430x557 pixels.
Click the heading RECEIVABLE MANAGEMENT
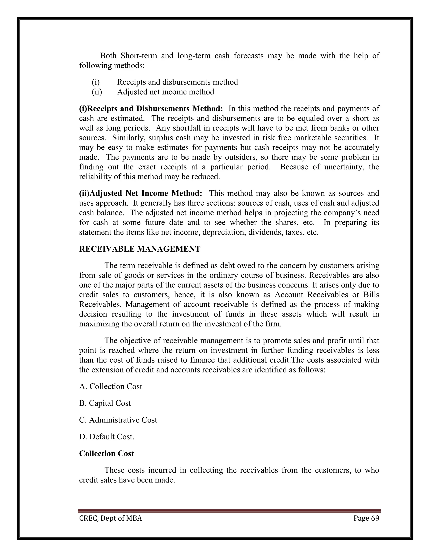140,249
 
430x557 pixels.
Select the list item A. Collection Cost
111,386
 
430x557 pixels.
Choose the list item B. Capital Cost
105,403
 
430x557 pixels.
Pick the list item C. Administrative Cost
118,420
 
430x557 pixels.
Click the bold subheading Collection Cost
106,453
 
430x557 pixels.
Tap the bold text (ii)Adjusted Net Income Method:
141,193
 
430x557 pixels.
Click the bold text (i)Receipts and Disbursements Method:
151,109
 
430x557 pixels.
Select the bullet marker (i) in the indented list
96,82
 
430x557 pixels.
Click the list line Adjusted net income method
166,92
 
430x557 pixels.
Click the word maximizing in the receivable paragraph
97,324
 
